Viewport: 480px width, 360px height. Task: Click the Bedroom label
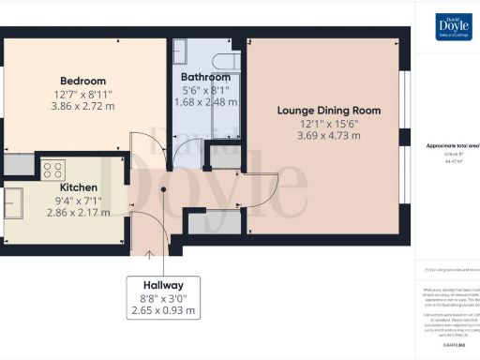[x=82, y=81]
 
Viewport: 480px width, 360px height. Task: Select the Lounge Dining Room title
[x=329, y=110]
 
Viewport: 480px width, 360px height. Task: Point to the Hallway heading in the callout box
[x=163, y=285]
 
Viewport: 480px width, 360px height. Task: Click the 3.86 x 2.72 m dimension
[x=82, y=107]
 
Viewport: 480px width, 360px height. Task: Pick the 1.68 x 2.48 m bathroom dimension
[x=207, y=101]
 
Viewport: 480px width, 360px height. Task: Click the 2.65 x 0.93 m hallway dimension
[x=163, y=309]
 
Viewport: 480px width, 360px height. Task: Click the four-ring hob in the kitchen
[x=52, y=170]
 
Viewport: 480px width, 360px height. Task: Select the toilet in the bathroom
[x=221, y=62]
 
